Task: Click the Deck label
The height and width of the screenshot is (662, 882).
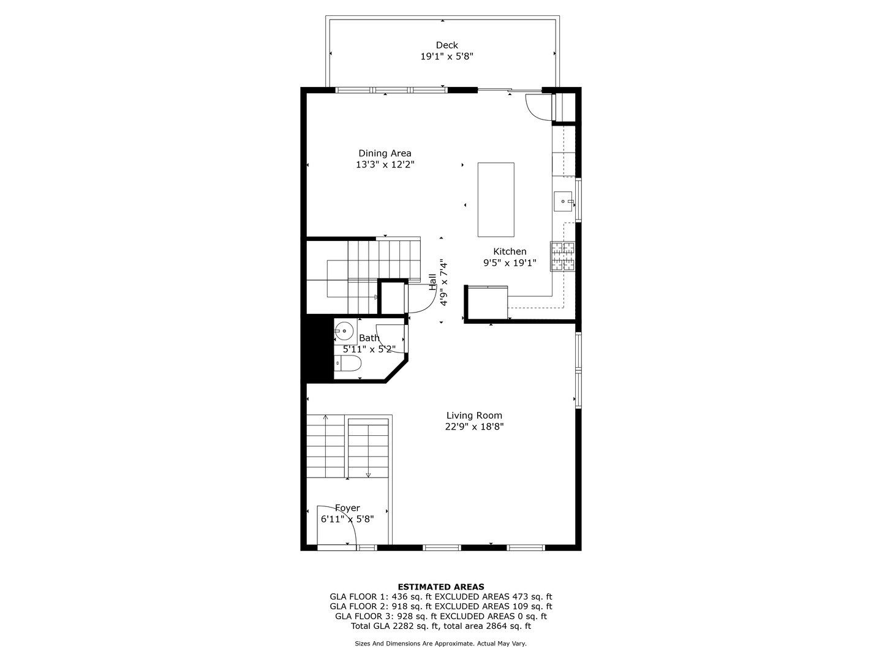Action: pyautogui.click(x=447, y=45)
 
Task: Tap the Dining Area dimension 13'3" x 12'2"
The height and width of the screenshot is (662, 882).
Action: pyautogui.click(x=385, y=164)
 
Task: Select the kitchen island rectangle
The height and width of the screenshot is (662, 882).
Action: pyautogui.click(x=496, y=199)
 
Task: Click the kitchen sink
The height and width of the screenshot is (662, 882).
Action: pyautogui.click(x=563, y=201)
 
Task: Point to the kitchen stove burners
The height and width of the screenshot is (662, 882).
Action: pyautogui.click(x=563, y=256)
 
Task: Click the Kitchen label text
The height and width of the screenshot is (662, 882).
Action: pyautogui.click(x=510, y=251)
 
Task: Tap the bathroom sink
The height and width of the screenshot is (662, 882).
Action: pyautogui.click(x=344, y=331)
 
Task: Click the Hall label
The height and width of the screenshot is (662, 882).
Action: pyautogui.click(x=433, y=282)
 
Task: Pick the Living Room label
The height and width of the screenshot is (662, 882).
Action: pyautogui.click(x=473, y=416)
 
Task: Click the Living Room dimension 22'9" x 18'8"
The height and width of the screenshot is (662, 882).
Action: pyautogui.click(x=473, y=427)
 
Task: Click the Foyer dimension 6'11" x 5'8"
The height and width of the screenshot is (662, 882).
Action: pyautogui.click(x=347, y=519)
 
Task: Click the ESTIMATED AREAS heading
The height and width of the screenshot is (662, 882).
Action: pyautogui.click(x=440, y=587)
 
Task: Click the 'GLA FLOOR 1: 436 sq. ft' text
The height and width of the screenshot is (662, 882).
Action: pyautogui.click(x=380, y=596)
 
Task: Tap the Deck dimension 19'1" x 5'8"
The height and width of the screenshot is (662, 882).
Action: pyautogui.click(x=447, y=56)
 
